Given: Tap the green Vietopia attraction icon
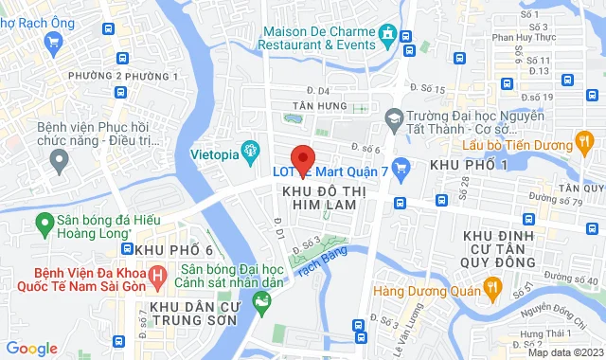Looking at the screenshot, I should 251,149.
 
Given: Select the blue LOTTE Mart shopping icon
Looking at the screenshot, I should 400,171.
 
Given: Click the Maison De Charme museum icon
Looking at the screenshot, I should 388,37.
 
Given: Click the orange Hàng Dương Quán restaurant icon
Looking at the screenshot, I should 491,286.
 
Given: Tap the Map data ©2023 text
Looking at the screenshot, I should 563,352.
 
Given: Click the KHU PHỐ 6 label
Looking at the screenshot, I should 171,248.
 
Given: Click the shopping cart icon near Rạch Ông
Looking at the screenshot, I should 54,41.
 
